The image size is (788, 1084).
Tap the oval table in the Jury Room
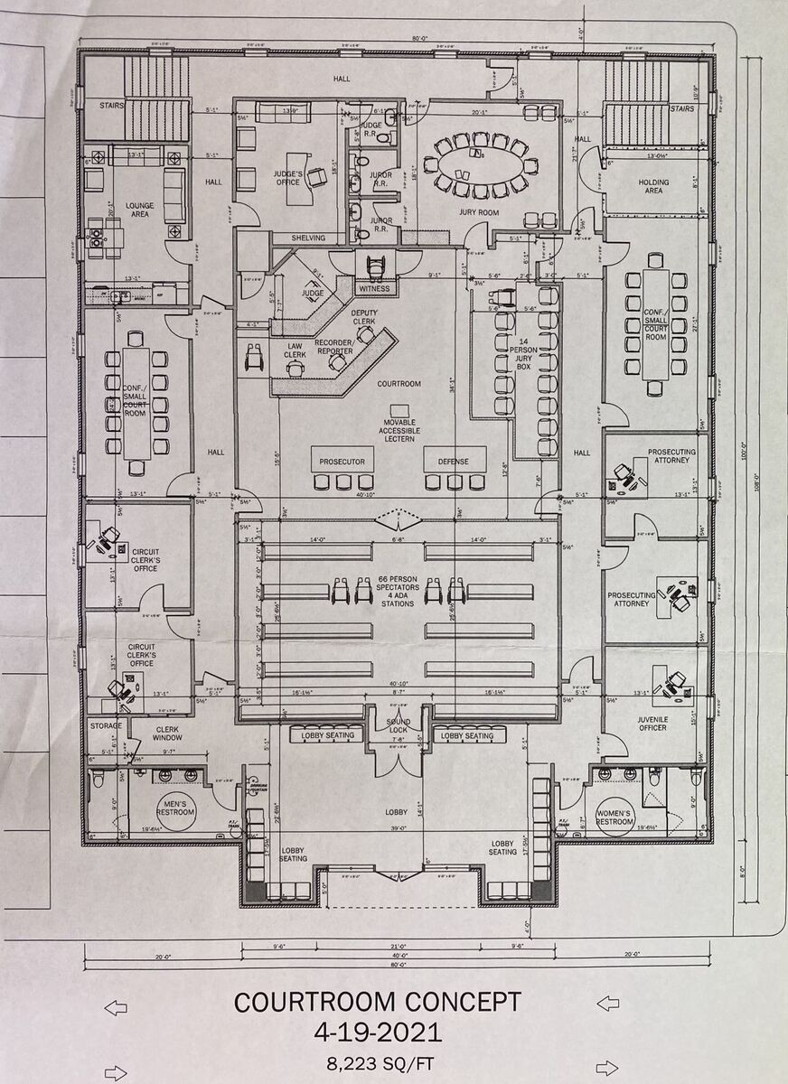tap(474, 166)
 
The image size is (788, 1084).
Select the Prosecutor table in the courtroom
tap(342, 461)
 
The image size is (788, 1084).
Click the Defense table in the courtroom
tap(454, 461)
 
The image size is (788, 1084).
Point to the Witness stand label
tap(374, 289)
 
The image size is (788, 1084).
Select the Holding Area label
tap(653, 186)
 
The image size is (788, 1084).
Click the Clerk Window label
tap(168, 734)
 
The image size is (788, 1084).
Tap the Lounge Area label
tap(139, 210)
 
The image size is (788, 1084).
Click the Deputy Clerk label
tap(363, 318)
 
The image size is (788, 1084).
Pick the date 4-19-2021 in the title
tap(377, 1032)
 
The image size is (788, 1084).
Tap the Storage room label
tap(105, 725)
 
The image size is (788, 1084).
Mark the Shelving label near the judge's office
tap(307, 238)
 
